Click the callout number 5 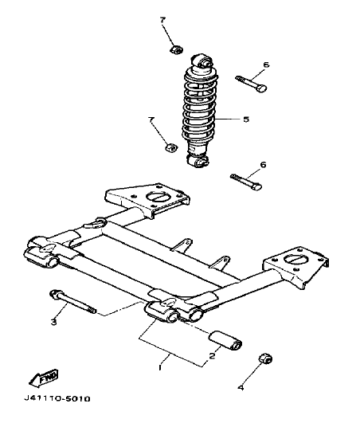coord(245,119)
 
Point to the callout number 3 coord(54,322)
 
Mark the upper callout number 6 coord(266,64)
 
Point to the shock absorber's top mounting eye coord(203,60)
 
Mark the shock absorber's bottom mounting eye coord(198,162)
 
